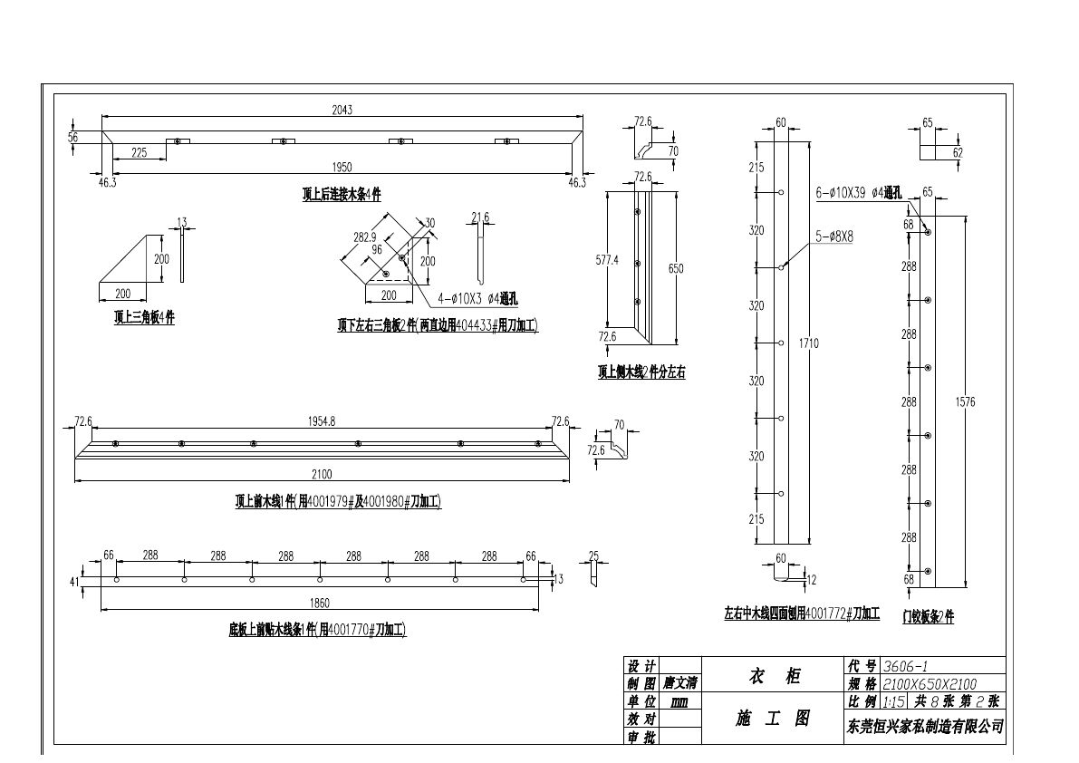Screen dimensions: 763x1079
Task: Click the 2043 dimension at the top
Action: [342, 110]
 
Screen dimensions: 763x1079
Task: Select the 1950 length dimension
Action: [342, 167]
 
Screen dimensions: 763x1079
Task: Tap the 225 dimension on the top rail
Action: [139, 153]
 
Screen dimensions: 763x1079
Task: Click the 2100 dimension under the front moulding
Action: [322, 474]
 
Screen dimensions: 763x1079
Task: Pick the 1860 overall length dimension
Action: [319, 603]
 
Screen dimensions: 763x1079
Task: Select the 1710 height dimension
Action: [809, 343]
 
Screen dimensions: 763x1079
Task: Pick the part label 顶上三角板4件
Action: [144, 318]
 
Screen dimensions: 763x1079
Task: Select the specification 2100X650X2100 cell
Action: [930, 684]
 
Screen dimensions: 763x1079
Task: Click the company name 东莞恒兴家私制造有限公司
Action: [924, 726]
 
